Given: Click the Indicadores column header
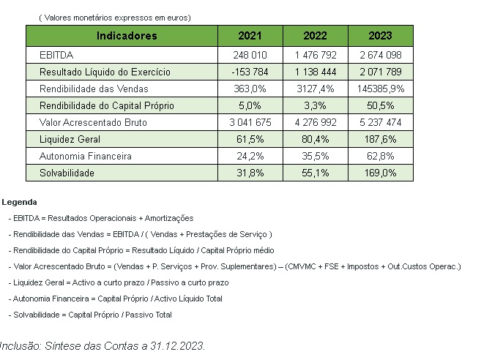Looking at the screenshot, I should coord(122,36).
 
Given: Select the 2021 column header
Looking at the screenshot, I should coord(250,36).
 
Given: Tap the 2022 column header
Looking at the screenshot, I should coord(315,36).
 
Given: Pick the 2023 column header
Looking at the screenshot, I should coord(380,36).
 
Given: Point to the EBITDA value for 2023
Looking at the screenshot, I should coord(380,55).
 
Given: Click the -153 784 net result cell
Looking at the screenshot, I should coord(250,72).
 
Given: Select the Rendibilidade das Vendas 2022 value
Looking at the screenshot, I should coord(315,89).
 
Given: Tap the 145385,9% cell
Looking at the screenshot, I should coord(380,89).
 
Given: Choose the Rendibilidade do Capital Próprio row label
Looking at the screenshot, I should coord(106,105).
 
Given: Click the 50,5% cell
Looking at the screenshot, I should coord(380,105).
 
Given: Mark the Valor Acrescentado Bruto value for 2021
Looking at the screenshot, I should coord(250,122).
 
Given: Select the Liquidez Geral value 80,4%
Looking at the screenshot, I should coord(315,139).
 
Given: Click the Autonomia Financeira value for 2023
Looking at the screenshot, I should coord(380,156).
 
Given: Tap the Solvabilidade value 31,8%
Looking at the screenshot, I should coord(250,173).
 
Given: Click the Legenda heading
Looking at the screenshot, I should coord(19,202).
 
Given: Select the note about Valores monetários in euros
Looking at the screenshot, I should coord(114,17).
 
